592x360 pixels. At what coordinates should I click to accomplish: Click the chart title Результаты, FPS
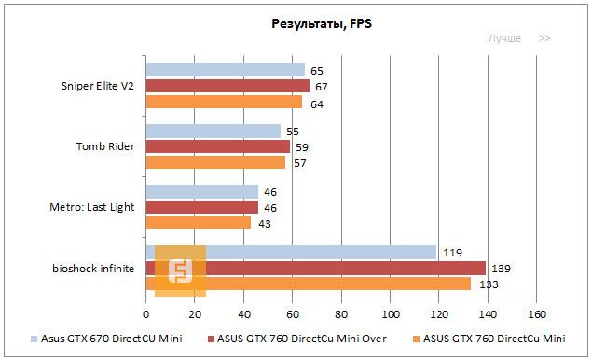(295, 23)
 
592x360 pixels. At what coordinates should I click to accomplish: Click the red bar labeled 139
(315, 268)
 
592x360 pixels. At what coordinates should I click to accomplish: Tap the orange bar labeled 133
(308, 284)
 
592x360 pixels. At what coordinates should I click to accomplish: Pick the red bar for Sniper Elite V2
(227, 86)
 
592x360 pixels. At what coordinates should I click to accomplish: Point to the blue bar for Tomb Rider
(213, 131)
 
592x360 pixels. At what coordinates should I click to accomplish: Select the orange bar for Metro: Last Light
(198, 223)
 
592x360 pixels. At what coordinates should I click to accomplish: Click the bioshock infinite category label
(93, 269)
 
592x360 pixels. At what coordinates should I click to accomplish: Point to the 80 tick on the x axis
(341, 313)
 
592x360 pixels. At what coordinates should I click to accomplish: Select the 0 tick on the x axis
(145, 313)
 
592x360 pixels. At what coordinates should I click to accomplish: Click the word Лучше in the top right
(504, 39)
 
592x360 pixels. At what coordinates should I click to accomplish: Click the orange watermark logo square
(180, 270)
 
